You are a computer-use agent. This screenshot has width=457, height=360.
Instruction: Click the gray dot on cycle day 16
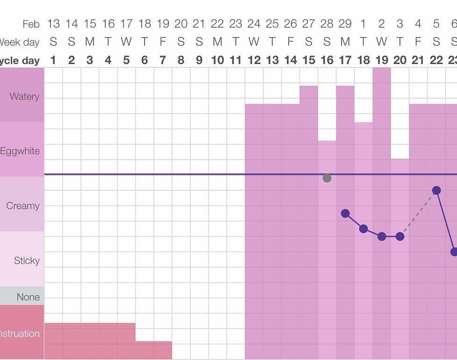coord(327,178)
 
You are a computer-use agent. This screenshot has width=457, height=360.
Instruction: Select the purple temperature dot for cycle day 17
coord(345,213)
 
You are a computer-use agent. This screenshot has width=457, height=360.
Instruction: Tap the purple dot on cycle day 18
coord(363,229)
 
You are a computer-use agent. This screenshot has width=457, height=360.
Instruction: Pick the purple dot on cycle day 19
coord(382,237)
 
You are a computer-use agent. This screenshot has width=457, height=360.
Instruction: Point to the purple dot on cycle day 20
coord(400,237)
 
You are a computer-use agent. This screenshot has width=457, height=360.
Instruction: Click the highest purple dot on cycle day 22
coord(436,190)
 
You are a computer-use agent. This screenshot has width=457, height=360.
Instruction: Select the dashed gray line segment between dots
coord(418,214)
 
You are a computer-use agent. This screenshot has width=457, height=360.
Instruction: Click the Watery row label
coord(24,96)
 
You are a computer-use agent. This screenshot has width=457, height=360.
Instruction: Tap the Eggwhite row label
coord(20,151)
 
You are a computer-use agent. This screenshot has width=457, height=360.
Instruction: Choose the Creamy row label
coord(22,206)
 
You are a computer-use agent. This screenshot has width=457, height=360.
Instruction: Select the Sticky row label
coord(27,260)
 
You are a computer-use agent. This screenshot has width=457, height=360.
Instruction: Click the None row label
coord(28,297)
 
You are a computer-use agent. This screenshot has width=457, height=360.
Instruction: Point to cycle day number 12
coord(254,60)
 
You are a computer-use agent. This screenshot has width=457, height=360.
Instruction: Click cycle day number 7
coord(163,60)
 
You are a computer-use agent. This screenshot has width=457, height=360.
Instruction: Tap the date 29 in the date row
coord(345,23)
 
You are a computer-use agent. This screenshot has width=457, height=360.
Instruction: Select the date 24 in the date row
coord(254,23)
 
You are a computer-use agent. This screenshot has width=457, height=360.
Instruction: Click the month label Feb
coord(31,23)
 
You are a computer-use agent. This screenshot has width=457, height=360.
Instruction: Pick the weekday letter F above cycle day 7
coord(163,42)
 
